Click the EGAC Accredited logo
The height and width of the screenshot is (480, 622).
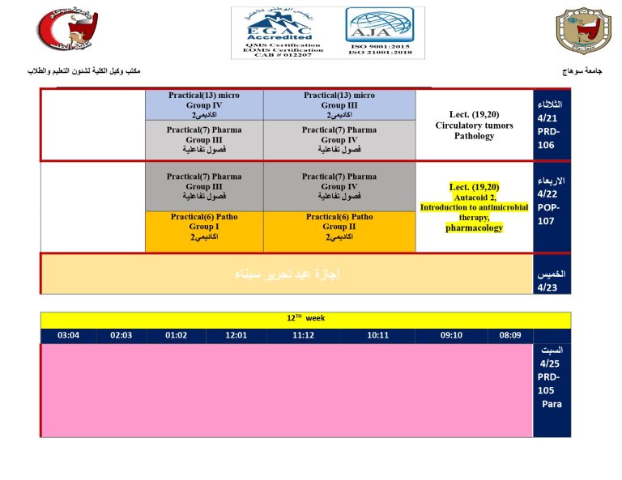pos(277,32)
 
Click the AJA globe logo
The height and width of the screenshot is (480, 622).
pos(379,32)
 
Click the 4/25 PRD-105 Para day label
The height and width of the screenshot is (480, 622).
pos(552,380)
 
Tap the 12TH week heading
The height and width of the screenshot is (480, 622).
pos(305,319)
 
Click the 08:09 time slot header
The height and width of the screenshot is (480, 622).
pos(510,335)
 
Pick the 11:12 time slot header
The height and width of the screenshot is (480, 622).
pos(304,335)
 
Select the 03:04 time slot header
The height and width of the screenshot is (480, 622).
pos(68,335)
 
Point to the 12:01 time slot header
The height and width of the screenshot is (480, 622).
pos(236,335)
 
